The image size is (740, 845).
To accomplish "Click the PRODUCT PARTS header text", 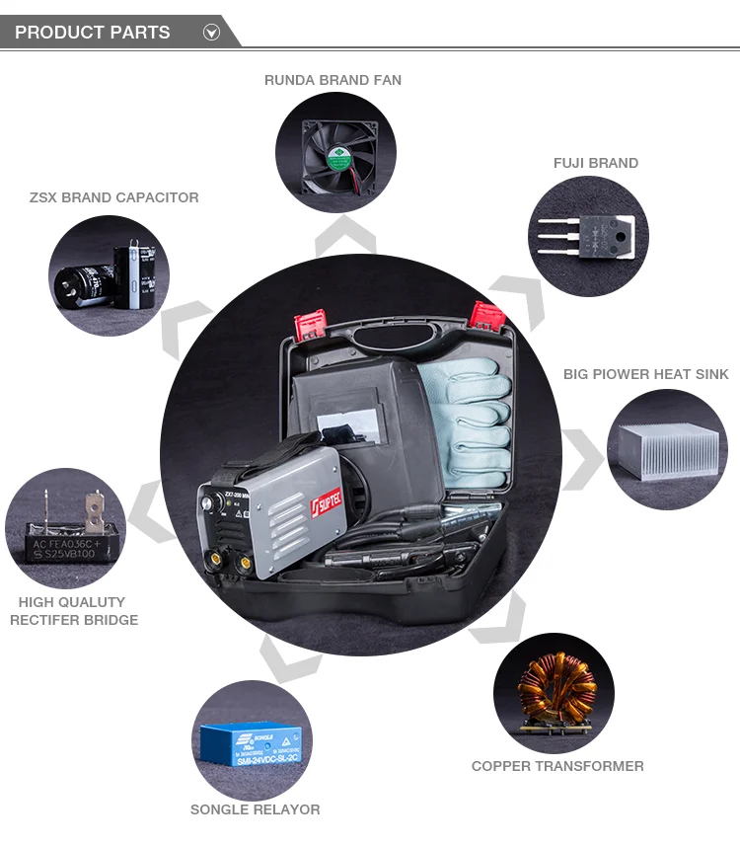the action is coord(92,33).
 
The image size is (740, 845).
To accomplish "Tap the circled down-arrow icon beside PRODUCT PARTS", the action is coord(211,33).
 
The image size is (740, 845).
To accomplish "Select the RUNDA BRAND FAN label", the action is coord(333,80).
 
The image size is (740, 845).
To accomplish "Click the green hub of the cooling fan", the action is coord(338,154).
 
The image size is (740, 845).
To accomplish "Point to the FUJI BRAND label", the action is coord(595,163).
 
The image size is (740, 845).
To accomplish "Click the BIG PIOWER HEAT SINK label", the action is coord(645,374).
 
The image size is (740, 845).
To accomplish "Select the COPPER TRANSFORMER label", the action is coord(557,766).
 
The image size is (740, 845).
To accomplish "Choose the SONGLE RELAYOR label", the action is coord(255,809).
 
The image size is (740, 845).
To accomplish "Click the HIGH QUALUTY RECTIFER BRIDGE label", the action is coord(74,611).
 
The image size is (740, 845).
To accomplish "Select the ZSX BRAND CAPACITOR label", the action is coord(114,197).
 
